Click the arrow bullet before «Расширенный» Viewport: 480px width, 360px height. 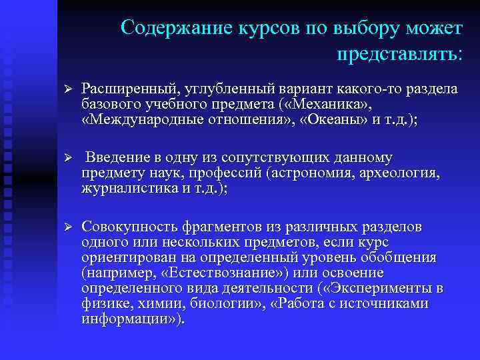click(65, 89)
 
